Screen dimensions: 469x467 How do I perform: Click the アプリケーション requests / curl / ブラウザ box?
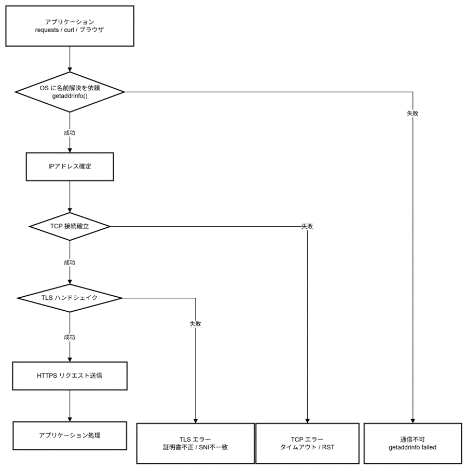70,25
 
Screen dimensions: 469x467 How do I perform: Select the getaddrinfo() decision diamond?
70,92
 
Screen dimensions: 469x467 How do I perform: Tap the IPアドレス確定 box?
70,167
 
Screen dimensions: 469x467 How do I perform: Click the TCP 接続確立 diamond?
70,227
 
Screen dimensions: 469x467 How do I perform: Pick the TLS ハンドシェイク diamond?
70,298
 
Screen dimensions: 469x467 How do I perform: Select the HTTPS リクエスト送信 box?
70,376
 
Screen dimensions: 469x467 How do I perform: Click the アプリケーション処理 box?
70,436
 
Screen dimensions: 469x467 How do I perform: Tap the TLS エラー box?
196,443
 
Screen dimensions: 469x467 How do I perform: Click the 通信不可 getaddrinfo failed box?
413,443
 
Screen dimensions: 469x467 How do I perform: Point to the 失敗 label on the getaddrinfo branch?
413,113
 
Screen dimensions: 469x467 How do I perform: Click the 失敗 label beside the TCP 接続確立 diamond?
308,227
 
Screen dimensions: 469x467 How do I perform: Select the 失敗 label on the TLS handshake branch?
195,324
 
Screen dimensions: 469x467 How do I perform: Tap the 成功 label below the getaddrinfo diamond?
70,133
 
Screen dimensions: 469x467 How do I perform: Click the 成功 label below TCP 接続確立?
70,263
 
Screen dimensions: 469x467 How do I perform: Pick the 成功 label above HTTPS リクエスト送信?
70,337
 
